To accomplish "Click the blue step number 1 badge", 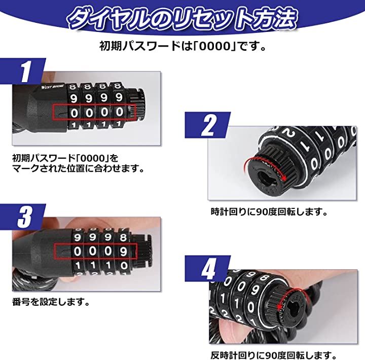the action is click(23, 70).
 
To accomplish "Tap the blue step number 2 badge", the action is click(208, 125).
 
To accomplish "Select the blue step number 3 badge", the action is click(23, 217).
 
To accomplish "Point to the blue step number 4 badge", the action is click(208, 268).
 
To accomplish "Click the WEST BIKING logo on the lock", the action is click(52, 87).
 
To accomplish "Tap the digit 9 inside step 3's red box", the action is click(123, 251).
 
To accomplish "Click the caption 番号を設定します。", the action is click(51, 302).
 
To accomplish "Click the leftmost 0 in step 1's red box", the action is click(74, 113).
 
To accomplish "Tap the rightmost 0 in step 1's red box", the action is click(120, 112).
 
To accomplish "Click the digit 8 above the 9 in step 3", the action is click(123, 237).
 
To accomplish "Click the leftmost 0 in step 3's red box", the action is click(77, 251).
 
